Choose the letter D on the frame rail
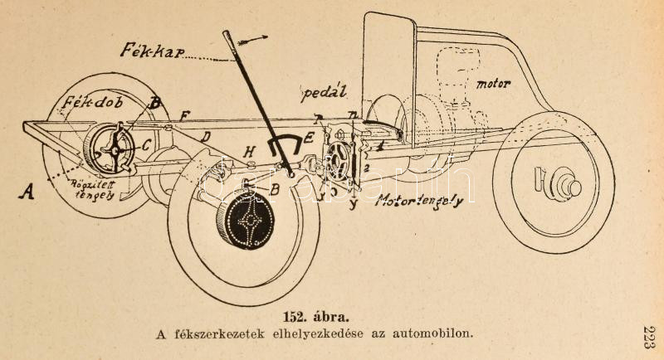207,135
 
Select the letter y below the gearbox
354,202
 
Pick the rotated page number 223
648,339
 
